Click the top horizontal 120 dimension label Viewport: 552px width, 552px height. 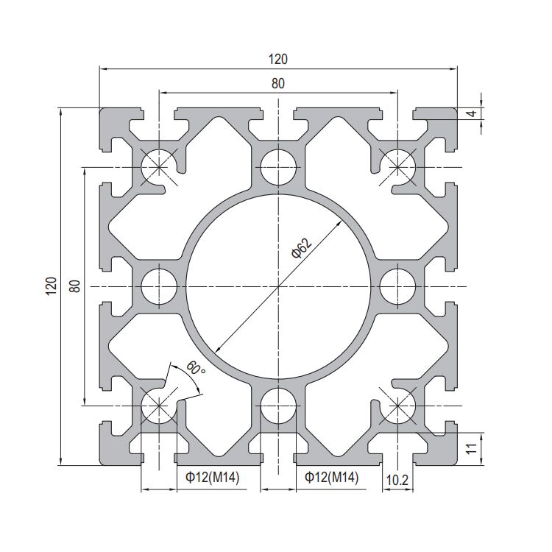click(278, 60)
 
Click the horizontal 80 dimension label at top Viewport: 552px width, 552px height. click(278, 83)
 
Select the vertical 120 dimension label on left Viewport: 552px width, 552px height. click(51, 286)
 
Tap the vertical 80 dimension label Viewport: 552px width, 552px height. click(74, 286)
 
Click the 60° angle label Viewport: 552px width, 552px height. click(196, 369)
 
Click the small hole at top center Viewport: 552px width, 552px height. click(278, 166)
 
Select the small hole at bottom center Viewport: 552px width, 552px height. click(278, 404)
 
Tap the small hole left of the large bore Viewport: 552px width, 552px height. click(159, 286)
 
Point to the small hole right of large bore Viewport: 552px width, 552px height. click(397, 286)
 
